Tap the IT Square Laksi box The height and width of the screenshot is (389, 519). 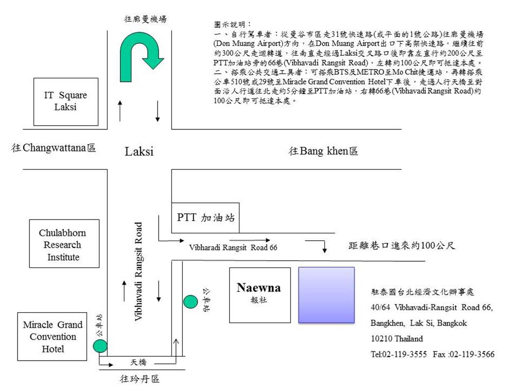pos(65,102)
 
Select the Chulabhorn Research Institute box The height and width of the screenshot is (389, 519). pos(64,244)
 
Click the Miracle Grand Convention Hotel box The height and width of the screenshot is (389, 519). pos(53,337)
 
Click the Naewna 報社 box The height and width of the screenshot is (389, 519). pos(259,295)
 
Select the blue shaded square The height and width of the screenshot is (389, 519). pos(326,295)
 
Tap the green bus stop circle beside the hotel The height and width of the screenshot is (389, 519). pos(100,346)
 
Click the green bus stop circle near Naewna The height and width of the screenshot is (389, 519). pos(191,301)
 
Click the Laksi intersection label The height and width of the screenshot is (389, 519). pos(139,151)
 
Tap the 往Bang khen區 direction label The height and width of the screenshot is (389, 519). pos(323,151)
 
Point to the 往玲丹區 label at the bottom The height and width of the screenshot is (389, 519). pos(140,379)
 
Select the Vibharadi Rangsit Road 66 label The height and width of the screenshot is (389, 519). pos(233,247)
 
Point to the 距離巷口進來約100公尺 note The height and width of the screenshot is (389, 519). pos(402,246)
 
